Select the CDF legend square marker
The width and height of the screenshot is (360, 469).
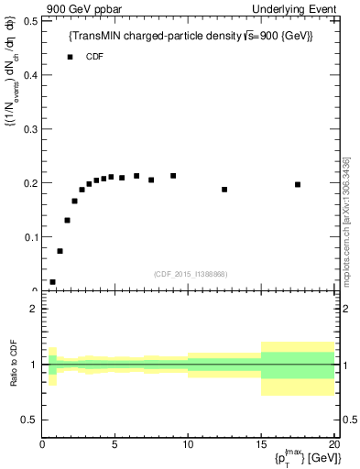70,57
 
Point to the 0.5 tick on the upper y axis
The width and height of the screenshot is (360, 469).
32,20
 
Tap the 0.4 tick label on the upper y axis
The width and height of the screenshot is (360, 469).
32,74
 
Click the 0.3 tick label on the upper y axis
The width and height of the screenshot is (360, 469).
32,128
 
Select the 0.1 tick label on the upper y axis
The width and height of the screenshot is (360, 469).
32,237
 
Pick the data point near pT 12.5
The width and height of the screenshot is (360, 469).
224,190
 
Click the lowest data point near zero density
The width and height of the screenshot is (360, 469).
52,282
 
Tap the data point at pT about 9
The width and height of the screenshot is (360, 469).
173,176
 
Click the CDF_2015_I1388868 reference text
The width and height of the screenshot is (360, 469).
191,274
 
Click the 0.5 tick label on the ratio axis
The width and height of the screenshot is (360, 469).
30,420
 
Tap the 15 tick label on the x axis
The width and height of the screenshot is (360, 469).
261,445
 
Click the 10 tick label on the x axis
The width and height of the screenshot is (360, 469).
188,445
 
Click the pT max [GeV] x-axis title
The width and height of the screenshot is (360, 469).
301,455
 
